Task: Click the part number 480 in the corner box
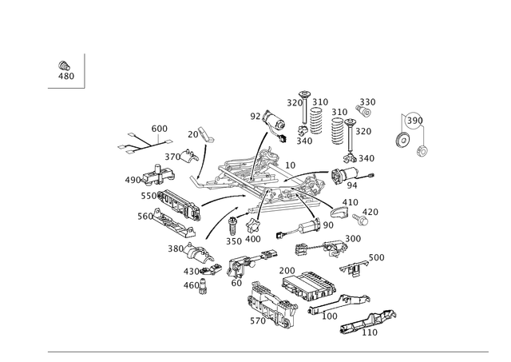click(x=66, y=76)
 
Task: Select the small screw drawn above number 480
click(x=64, y=66)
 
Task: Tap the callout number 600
click(x=160, y=129)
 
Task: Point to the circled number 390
click(x=415, y=121)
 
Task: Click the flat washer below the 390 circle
click(x=402, y=140)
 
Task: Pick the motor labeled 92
click(x=275, y=122)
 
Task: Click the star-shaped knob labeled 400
click(x=253, y=226)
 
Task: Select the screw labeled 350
click(x=232, y=225)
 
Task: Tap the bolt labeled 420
click(x=360, y=219)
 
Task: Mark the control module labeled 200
click(x=308, y=286)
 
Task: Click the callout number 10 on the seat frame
click(x=290, y=165)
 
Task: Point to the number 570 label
click(x=258, y=321)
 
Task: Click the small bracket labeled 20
click(x=206, y=135)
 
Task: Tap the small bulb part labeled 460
click(x=204, y=286)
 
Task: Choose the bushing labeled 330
click(x=363, y=111)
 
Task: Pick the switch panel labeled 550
click(x=180, y=206)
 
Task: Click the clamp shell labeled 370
click(x=189, y=156)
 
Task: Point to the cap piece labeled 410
click(x=339, y=212)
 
